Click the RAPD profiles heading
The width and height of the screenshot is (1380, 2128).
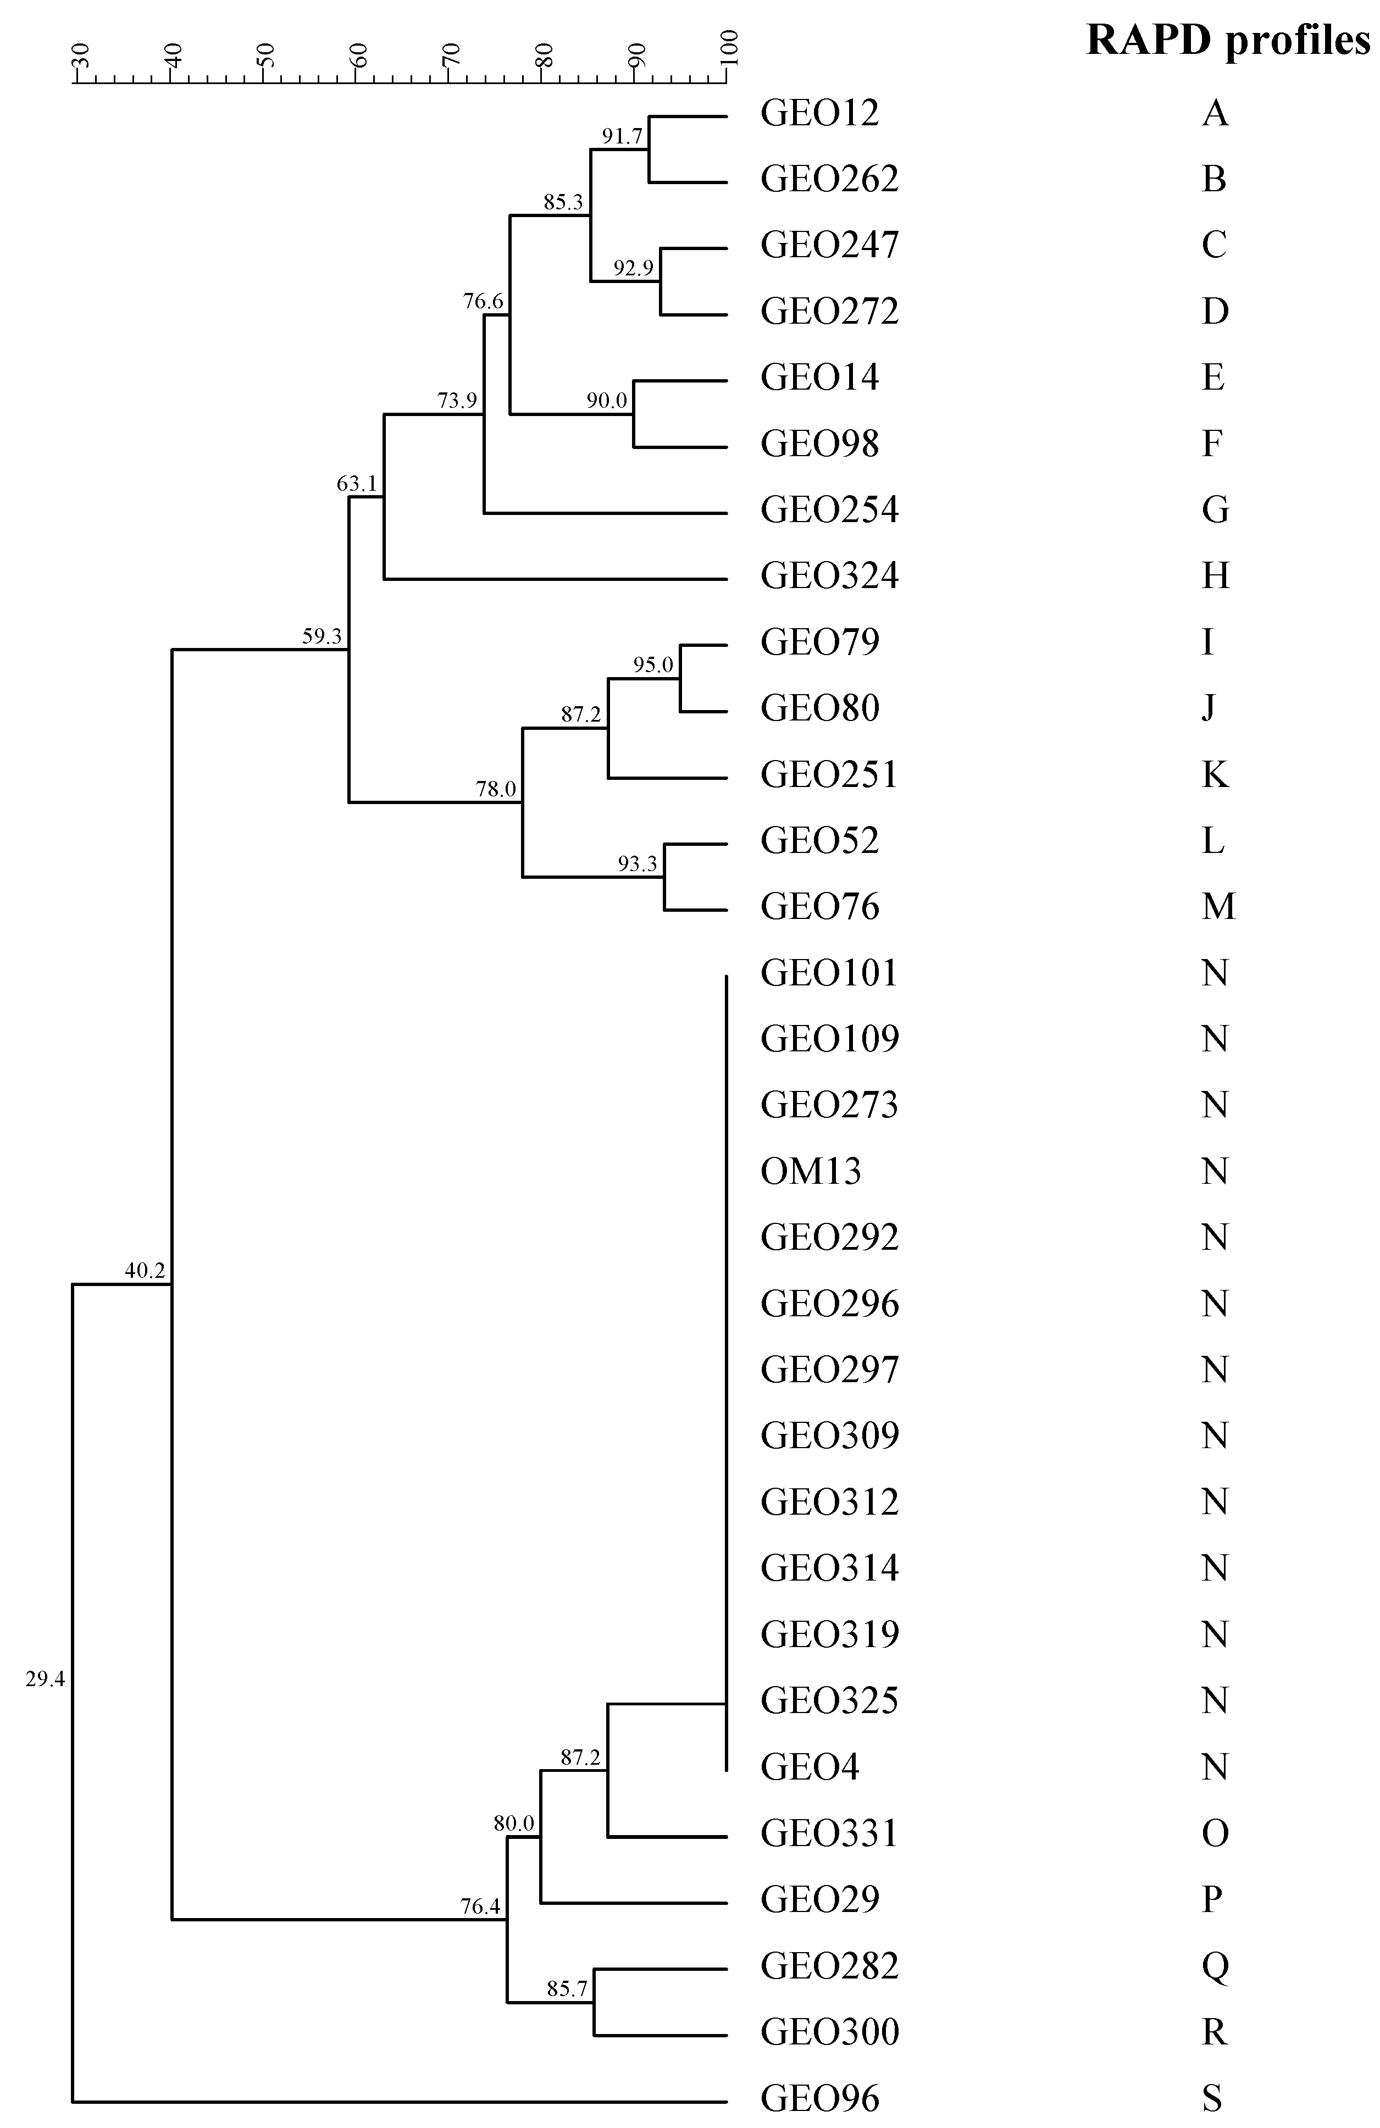click(x=1227, y=41)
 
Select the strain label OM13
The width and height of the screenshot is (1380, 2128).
click(x=810, y=1171)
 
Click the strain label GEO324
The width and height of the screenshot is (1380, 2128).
click(x=829, y=575)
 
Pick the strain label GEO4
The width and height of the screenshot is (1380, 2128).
click(x=810, y=1766)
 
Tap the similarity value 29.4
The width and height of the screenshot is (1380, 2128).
click(x=45, y=1679)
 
